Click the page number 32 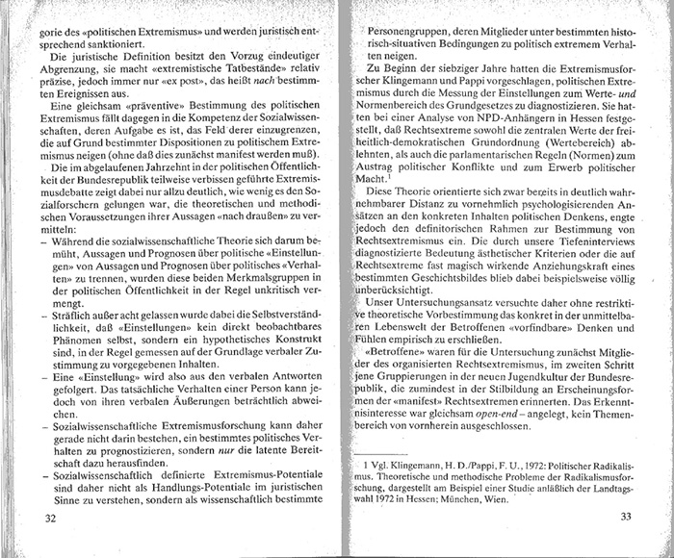39,545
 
